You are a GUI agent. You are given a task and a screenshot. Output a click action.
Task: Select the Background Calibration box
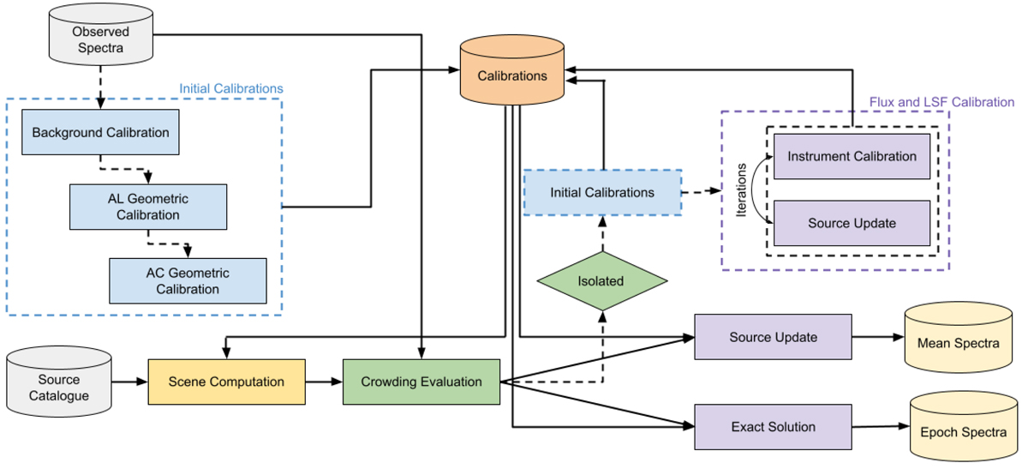click(100, 133)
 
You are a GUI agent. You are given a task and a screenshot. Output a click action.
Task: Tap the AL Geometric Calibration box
click(148, 207)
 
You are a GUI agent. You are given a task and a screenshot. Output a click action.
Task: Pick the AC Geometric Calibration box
click(188, 280)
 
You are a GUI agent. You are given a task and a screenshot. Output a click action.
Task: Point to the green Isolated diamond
click(601, 280)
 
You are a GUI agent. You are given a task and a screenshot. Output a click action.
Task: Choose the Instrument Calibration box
click(852, 156)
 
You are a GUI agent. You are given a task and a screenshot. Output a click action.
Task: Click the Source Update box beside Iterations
click(852, 223)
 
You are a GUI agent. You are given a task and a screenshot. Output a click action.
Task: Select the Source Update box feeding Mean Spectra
click(773, 337)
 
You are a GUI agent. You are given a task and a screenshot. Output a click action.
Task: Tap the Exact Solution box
click(773, 426)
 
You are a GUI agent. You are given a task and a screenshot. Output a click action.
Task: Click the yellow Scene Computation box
click(226, 382)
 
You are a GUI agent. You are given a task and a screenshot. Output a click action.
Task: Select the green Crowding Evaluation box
click(421, 382)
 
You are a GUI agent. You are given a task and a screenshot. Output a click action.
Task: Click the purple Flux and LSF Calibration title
click(941, 102)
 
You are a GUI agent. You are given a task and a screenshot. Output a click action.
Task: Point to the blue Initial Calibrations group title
click(230, 88)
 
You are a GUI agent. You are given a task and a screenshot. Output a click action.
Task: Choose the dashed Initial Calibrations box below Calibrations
click(602, 192)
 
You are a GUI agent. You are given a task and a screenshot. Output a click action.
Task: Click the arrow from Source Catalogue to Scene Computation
click(129, 382)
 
